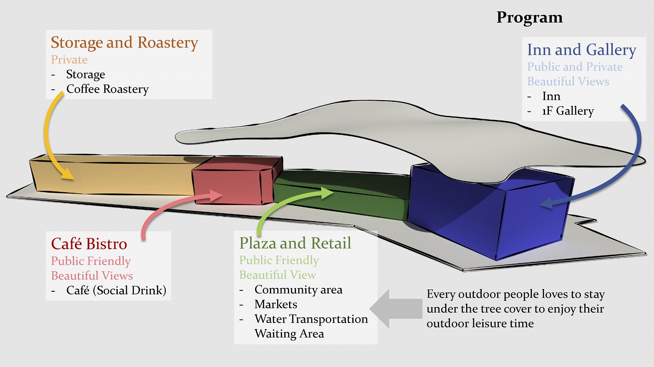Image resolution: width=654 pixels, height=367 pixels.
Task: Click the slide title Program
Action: [529, 17]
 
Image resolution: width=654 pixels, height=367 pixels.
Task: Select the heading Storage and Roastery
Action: [124, 43]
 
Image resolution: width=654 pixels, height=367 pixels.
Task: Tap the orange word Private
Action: [69, 60]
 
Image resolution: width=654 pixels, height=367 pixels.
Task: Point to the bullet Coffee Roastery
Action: [107, 89]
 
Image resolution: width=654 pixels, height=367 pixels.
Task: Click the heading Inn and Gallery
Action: [582, 50]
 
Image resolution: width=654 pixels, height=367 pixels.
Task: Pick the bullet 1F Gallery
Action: [568, 111]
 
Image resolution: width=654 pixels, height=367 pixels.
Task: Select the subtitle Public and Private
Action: [575, 67]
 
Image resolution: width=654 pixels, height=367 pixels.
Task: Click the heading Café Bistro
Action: [89, 244]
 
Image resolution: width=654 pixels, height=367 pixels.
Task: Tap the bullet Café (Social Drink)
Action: [116, 290]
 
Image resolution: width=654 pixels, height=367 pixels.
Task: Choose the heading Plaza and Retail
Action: [295, 243]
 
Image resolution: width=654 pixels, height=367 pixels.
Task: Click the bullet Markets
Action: [276, 304]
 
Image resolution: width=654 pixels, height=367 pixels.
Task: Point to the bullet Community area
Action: [298, 290]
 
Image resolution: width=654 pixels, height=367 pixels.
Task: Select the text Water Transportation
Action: [311, 319]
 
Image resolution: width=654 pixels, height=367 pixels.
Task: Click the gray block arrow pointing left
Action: [395, 309]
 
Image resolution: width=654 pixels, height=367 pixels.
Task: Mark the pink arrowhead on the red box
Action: [217, 195]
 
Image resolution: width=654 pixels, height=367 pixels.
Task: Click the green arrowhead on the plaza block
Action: [327, 192]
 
